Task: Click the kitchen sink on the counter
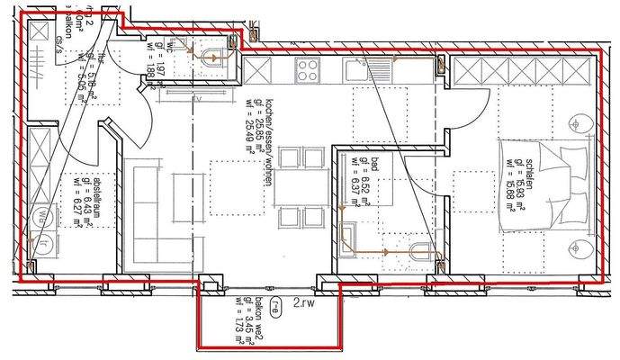click(x=370, y=68)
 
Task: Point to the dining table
click(x=291, y=190)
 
